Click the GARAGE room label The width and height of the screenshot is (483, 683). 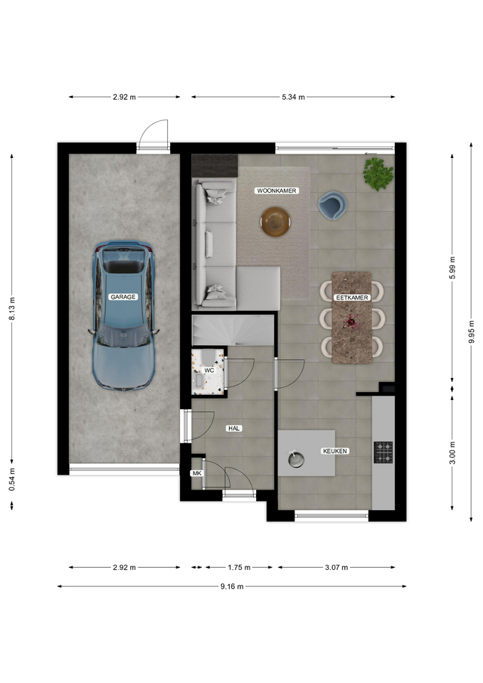(123, 297)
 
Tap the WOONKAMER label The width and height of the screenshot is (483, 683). (277, 191)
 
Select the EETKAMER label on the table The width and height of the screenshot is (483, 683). (352, 297)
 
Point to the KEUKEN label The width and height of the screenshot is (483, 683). (335, 451)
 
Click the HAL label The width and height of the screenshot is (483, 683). (234, 428)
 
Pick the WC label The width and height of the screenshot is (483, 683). (209, 370)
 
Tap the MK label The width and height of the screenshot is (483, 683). (197, 473)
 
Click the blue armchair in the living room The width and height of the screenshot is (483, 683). (332, 206)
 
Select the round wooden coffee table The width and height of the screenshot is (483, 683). (275, 222)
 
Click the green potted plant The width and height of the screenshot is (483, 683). (378, 174)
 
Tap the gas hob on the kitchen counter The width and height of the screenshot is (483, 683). (383, 452)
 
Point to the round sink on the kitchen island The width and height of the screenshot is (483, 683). (296, 459)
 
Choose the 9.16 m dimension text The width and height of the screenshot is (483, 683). (232, 586)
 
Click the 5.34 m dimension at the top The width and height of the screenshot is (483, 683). (293, 97)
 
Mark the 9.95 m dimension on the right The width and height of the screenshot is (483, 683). (472, 332)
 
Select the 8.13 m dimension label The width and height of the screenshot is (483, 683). (12, 309)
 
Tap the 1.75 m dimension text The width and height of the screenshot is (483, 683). (239, 567)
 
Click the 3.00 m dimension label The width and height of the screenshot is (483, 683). (452, 453)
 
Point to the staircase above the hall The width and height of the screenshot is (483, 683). (233, 330)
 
